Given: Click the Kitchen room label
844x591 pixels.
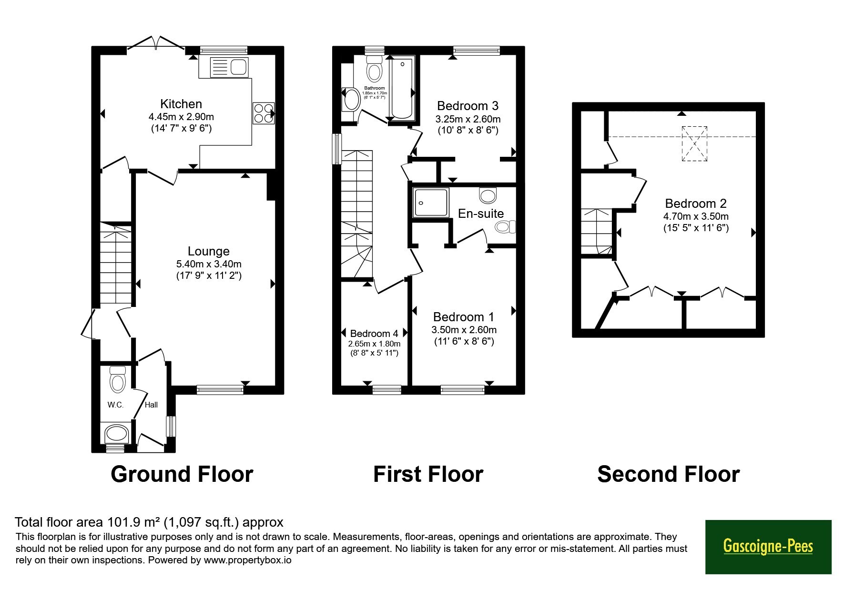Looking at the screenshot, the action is [181, 104].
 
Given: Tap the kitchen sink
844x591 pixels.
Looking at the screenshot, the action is [229, 67].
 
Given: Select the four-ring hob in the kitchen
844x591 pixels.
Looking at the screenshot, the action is [264, 113].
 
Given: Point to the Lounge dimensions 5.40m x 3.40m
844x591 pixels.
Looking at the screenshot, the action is [209, 264].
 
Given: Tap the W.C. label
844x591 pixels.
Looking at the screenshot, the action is [115, 405].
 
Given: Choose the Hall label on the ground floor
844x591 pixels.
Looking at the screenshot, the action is [152, 405].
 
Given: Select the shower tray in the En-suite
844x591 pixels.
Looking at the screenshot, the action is [431, 203].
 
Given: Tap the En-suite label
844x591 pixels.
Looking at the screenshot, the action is [481, 214].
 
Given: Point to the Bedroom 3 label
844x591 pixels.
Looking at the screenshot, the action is [468, 106].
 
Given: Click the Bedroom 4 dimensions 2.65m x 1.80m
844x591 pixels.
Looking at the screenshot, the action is [374, 344].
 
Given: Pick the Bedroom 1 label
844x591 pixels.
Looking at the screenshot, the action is [464, 317].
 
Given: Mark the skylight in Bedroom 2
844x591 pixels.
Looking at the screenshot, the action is [694, 143].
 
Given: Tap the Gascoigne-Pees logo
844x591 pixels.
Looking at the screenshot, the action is [768, 547].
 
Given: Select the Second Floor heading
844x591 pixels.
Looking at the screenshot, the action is [668, 474].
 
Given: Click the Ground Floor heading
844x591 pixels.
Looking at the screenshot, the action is [182, 474].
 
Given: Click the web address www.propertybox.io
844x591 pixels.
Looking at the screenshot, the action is [247, 560].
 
